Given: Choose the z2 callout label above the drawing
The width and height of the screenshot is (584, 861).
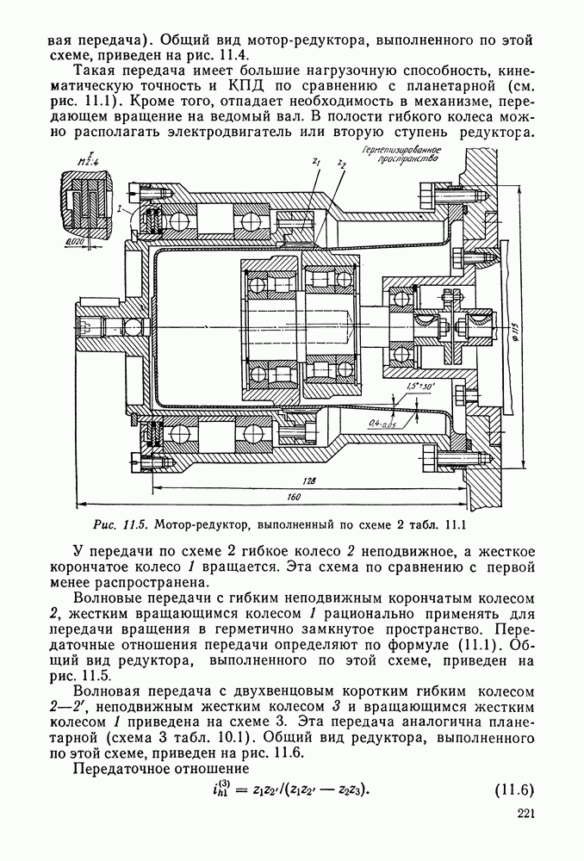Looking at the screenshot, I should click(342, 164).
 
